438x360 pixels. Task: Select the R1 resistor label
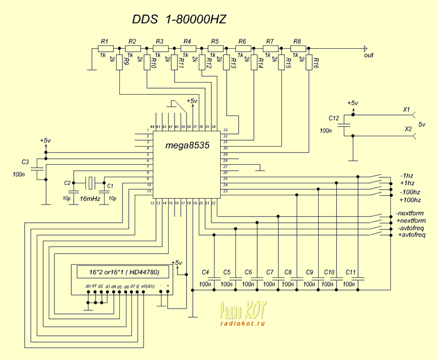coord(105,42)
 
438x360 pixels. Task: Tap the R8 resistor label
coord(297,42)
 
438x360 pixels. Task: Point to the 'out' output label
coord(368,55)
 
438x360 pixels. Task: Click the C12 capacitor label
coord(334,118)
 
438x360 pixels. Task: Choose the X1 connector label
coord(406,110)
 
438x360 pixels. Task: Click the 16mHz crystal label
coord(90,199)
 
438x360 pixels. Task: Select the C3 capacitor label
coord(25,162)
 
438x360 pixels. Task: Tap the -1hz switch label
coord(407,176)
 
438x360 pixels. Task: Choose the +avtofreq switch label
coord(411,234)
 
